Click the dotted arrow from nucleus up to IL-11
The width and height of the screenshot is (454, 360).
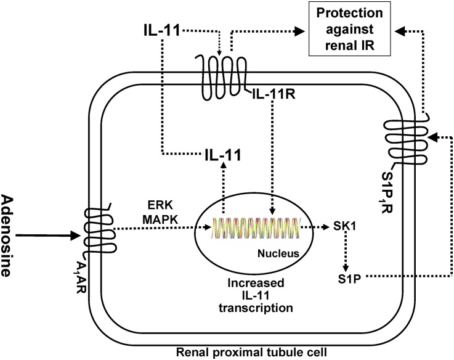click(222, 195)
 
